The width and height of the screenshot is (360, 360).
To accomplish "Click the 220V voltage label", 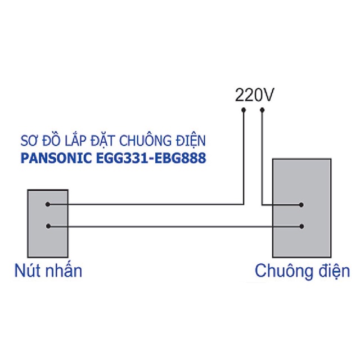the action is [x=254, y=95].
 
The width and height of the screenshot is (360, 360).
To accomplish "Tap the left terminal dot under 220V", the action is [x=244, y=110].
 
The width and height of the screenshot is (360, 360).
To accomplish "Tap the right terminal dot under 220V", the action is [x=262, y=110].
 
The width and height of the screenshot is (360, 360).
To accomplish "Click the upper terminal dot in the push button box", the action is [x=47, y=204].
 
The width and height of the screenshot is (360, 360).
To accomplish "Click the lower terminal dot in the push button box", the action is [x=48, y=226].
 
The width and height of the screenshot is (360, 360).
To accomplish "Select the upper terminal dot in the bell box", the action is [x=301, y=205].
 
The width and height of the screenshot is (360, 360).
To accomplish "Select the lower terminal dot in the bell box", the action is [x=301, y=227].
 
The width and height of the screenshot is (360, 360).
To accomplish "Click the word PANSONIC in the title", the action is [x=56, y=158].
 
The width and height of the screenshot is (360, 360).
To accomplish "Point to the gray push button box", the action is [x=48, y=223].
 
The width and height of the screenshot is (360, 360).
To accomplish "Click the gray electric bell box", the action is [x=302, y=208].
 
